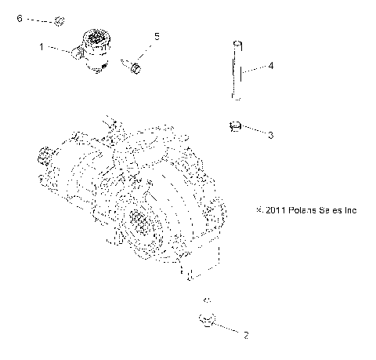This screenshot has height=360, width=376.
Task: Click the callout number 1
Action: click(42, 47)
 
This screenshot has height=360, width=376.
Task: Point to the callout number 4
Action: click(270, 67)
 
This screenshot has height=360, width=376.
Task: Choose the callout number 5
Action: click(157, 36)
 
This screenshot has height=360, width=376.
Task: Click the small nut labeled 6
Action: click(61, 20)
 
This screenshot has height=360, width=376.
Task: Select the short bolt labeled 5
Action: click(136, 69)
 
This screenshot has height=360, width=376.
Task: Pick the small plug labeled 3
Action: click(235, 125)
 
